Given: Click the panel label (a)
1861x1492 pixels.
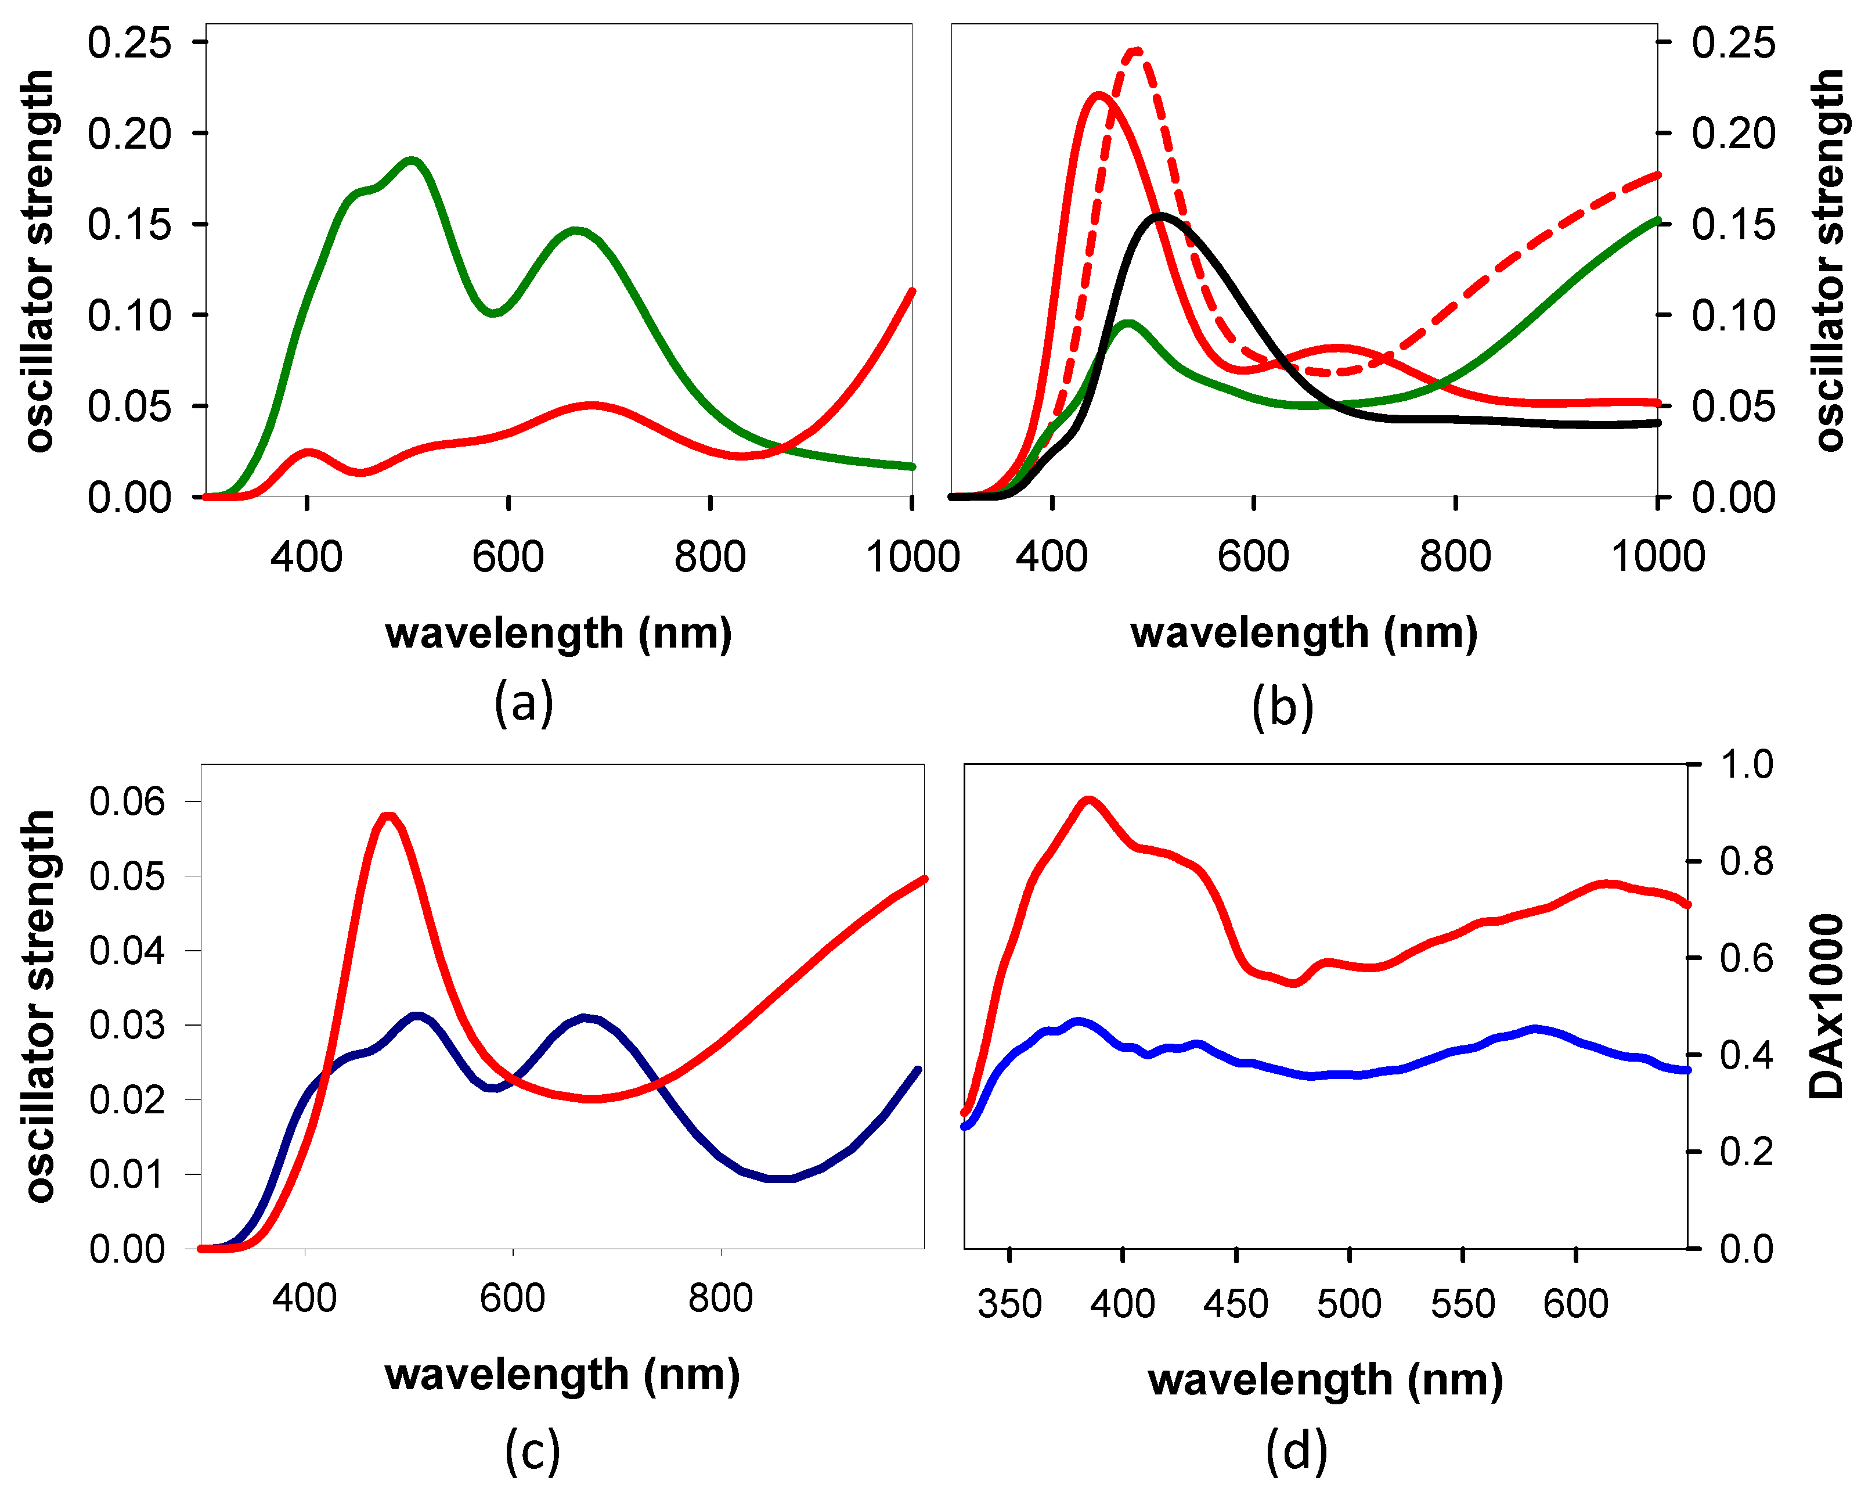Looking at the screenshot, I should [x=523, y=702].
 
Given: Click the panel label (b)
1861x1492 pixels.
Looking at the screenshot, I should [x=1283, y=706].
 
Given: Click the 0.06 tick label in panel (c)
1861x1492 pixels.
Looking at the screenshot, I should [x=127, y=801].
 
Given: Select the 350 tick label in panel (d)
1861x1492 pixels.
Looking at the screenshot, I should [x=1009, y=1304].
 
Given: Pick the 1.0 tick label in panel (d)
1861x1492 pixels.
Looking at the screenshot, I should [x=1746, y=765].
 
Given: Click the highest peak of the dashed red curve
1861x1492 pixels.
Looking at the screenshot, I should [x=1136, y=52].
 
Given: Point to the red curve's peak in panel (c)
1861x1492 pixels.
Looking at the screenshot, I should [x=388, y=816].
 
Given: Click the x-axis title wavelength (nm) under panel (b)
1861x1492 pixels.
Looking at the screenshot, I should [x=1303, y=633].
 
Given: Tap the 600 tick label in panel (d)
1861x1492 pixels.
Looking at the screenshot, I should [x=1575, y=1304].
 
